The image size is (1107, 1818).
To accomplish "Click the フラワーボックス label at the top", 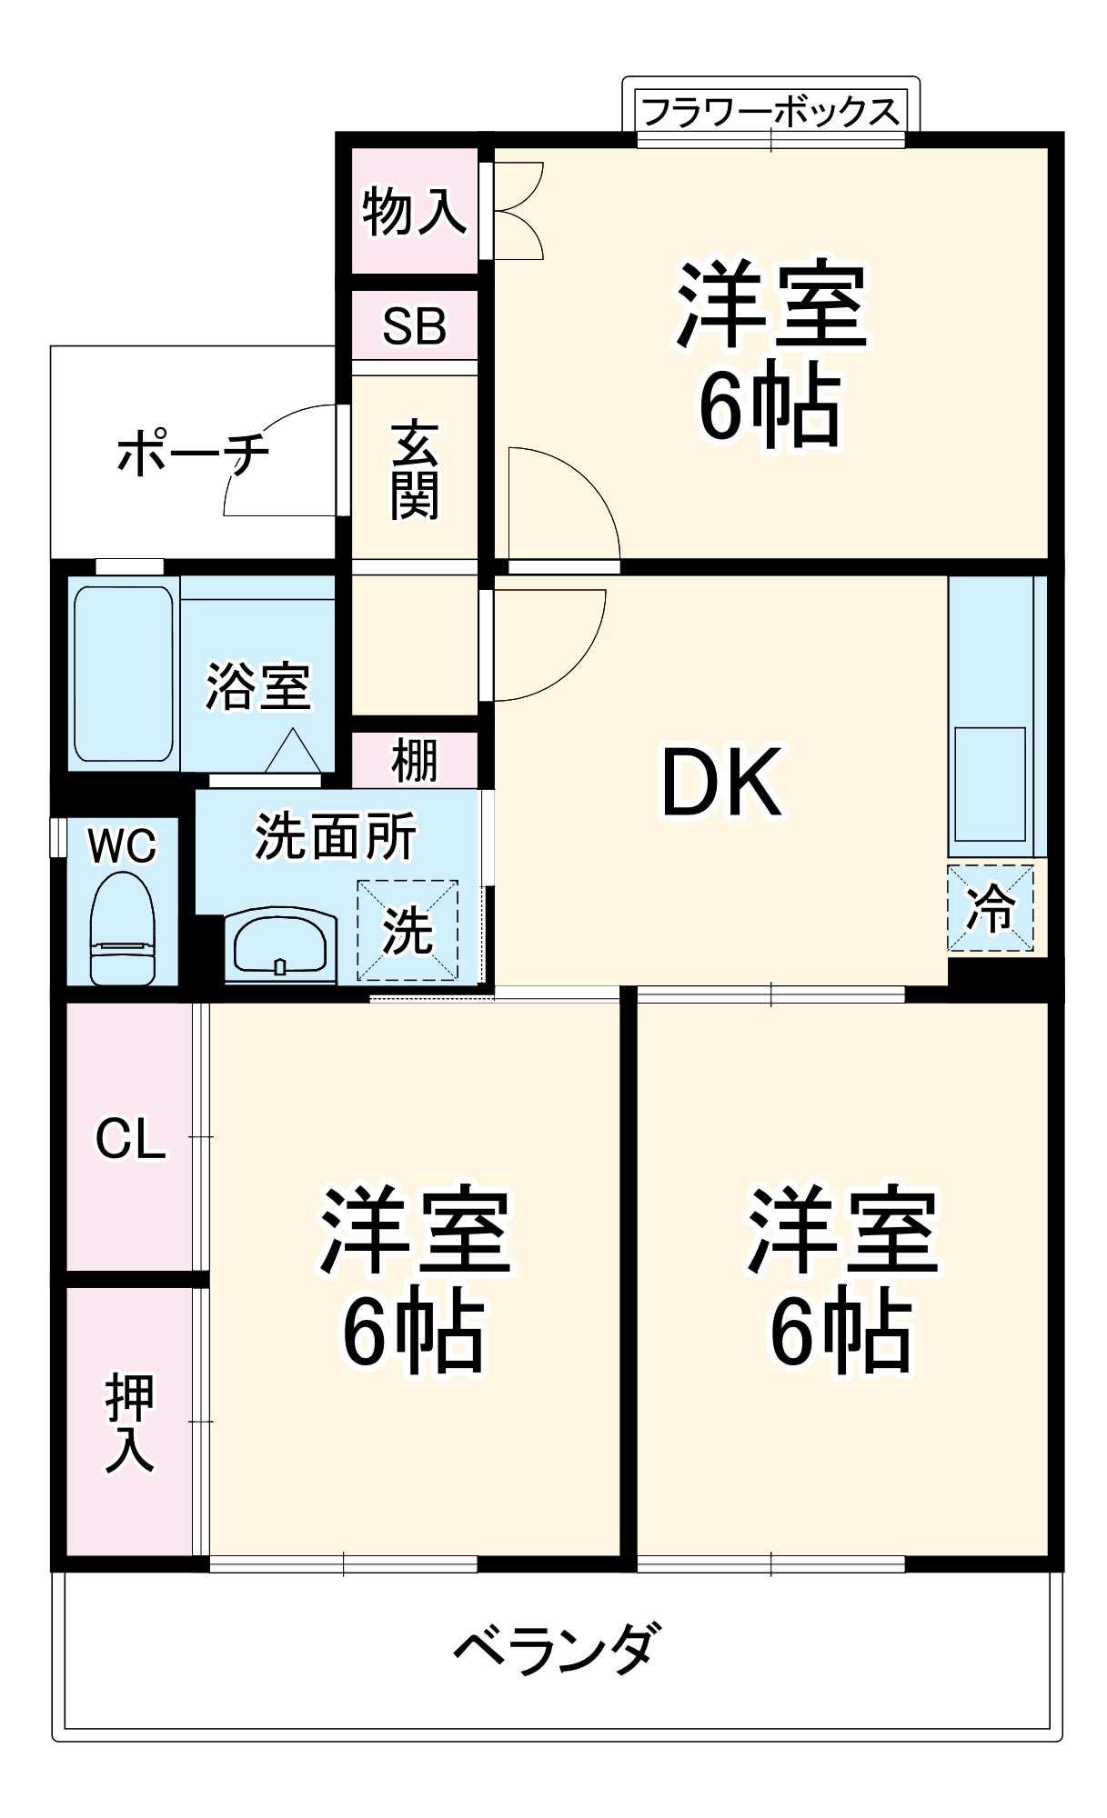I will click(770, 112).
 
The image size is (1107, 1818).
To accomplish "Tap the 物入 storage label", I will click(414, 212).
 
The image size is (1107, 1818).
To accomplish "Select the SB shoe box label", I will click(415, 325).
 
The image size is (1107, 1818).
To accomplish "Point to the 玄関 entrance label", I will click(415, 470).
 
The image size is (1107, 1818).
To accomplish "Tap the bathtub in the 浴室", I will click(124, 674).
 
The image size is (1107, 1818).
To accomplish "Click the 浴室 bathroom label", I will click(257, 686).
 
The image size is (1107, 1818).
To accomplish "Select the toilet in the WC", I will click(122, 927).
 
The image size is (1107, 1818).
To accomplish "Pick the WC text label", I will click(122, 846).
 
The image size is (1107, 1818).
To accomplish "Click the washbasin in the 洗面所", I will click(280, 945).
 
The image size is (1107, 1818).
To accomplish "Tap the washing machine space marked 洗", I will click(407, 930).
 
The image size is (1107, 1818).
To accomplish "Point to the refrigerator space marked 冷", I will click(991, 907).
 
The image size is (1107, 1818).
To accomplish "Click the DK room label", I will click(720, 783).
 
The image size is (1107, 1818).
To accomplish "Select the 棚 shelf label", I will click(415, 761).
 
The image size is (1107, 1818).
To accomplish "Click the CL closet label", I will click(130, 1138).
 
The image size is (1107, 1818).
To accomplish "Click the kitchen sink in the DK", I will click(990, 783).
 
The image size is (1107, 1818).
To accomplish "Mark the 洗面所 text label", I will click(336, 835).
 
